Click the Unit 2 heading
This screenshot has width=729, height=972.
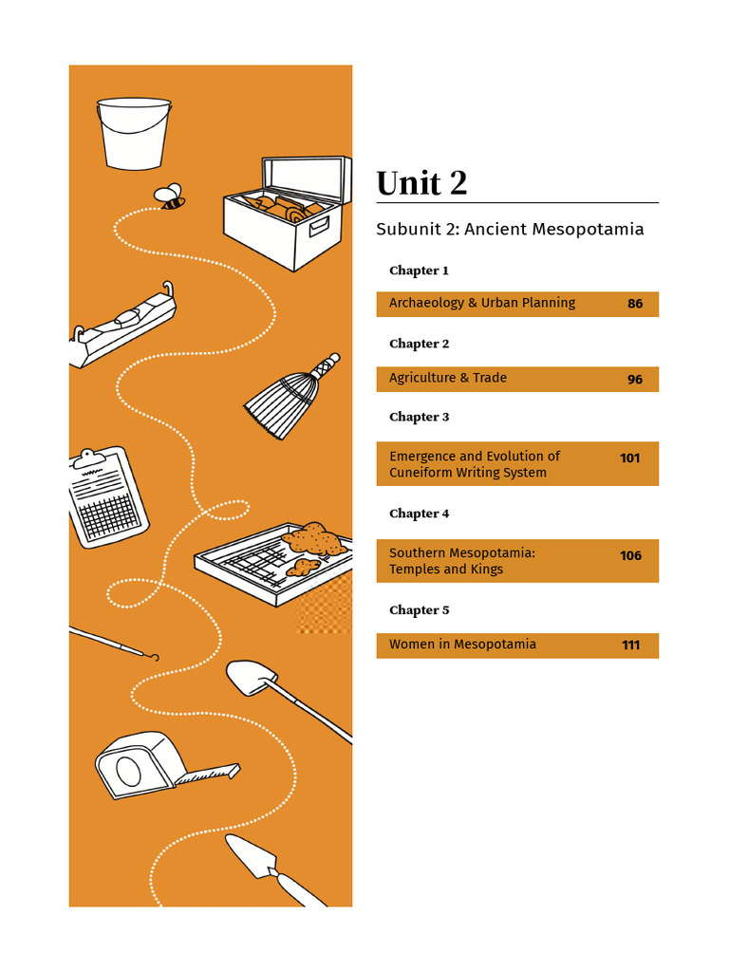coord(421,183)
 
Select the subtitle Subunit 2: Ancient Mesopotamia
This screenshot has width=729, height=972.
coord(510,230)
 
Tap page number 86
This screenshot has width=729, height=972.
coord(635,305)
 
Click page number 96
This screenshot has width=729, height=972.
coord(635,380)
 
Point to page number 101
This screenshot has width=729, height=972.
coord(630,458)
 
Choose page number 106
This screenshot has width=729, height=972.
coord(630,556)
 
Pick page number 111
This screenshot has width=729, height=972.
coord(630,645)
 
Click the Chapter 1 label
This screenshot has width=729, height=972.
coord(419,271)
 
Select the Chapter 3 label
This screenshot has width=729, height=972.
coord(419,417)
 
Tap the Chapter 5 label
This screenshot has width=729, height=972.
coord(419,610)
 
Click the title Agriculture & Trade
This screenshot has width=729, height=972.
coord(448,378)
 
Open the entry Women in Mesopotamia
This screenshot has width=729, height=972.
coord(462,645)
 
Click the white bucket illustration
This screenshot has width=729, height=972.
coord(134,132)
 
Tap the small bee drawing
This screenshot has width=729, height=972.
coord(170,196)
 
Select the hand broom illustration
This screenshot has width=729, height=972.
coord(286,396)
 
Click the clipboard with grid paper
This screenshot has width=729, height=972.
coord(108,495)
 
